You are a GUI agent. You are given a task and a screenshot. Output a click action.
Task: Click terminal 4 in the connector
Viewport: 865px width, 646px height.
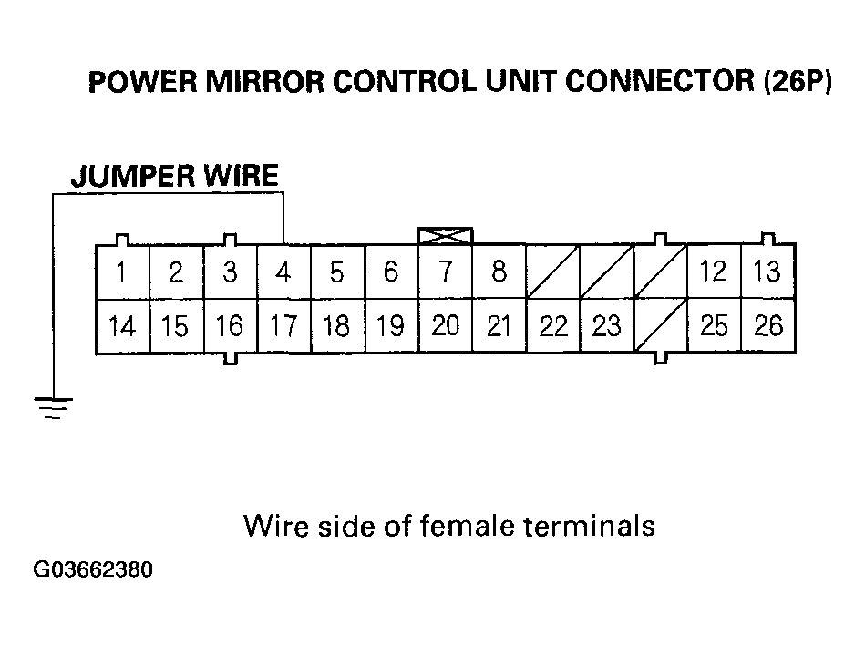pyautogui.click(x=283, y=272)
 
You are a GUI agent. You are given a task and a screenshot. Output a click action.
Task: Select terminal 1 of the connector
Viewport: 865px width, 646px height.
pyautogui.click(x=122, y=272)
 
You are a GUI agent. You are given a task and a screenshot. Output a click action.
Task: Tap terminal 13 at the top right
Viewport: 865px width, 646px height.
pyautogui.click(x=768, y=272)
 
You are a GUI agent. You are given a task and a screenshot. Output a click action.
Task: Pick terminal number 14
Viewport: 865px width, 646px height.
pyautogui.click(x=122, y=326)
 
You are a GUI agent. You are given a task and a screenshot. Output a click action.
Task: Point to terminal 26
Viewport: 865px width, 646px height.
pyautogui.click(x=768, y=326)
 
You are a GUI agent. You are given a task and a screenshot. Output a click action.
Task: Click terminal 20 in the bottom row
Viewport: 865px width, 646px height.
pyautogui.click(x=445, y=326)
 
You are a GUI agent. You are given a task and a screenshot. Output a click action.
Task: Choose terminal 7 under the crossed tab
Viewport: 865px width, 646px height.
pyautogui.click(x=445, y=272)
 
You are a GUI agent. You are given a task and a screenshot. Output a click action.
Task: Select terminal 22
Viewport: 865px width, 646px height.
pyautogui.click(x=553, y=326)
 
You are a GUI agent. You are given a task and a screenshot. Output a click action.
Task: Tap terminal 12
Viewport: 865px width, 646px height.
pyautogui.click(x=715, y=272)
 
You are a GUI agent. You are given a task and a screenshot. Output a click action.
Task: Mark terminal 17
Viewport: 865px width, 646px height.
pyautogui.click(x=283, y=326)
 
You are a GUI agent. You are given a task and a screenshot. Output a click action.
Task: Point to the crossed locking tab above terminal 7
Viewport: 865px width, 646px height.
pyautogui.click(x=445, y=235)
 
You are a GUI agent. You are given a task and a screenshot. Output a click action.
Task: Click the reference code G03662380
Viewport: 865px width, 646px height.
pyautogui.click(x=93, y=571)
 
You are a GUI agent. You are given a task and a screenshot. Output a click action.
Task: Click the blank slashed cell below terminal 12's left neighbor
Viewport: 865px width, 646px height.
pyautogui.click(x=661, y=326)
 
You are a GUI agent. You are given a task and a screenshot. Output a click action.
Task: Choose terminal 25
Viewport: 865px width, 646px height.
pyautogui.click(x=715, y=326)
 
